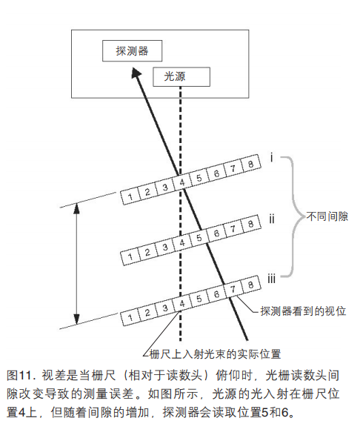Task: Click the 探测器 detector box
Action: [132, 51]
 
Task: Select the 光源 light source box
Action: [181, 76]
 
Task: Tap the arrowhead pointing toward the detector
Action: [136, 72]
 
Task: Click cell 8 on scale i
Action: [250, 163]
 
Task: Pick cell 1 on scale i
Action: [130, 196]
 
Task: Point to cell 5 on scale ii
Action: [199, 237]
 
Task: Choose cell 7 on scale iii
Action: [233, 289]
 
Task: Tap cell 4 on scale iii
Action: [182, 303]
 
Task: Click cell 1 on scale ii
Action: [130, 256]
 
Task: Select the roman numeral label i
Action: [271, 158]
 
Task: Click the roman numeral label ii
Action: [271, 219]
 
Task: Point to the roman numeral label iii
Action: [271, 279]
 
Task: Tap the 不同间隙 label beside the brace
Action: [327, 216]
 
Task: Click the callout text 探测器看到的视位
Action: [303, 311]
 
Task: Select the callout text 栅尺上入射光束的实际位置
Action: [215, 354]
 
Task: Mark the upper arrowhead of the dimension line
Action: [76, 208]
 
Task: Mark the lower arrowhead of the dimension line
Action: [76, 319]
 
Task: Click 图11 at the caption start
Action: [19, 375]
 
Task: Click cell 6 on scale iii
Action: [216, 293]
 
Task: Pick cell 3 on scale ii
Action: [164, 247]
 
